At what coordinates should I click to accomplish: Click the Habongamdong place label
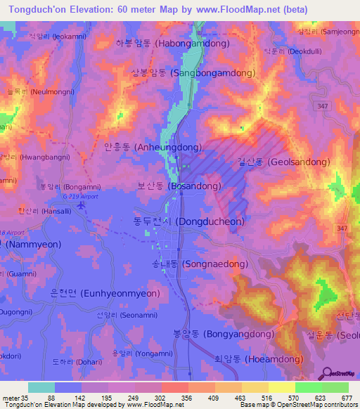(x=173, y=43)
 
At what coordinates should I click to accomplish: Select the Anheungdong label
(x=153, y=148)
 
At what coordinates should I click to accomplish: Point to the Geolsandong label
(x=283, y=162)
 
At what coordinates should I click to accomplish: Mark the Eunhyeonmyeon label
(x=105, y=293)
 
